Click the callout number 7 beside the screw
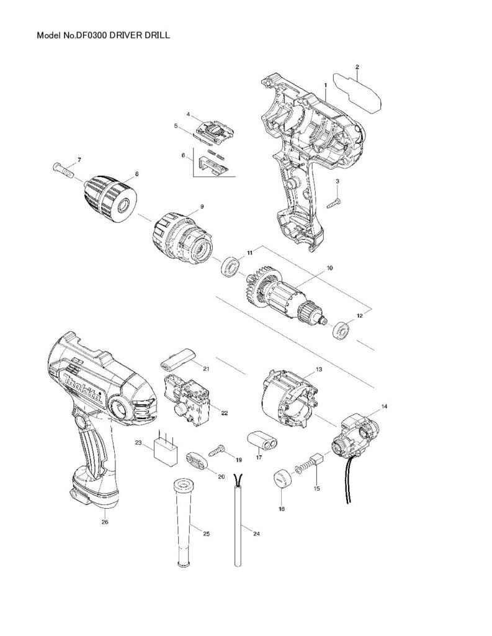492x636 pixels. [x=79, y=159]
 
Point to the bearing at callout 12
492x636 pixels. [x=342, y=330]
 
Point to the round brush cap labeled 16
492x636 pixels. [x=282, y=479]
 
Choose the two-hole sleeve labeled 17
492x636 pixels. [x=263, y=442]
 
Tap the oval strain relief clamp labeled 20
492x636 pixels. [x=197, y=462]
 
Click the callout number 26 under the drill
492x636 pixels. [x=104, y=521]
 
